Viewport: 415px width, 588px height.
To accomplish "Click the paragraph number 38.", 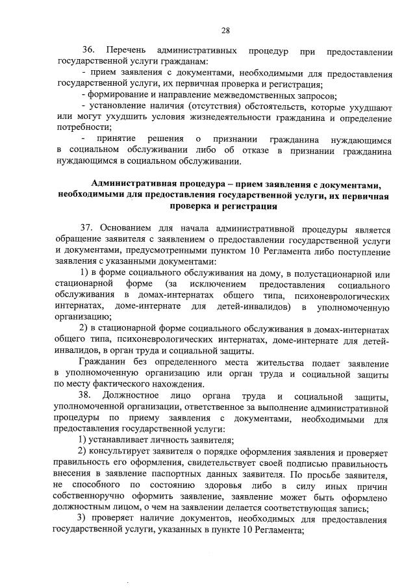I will tap(87, 396).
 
